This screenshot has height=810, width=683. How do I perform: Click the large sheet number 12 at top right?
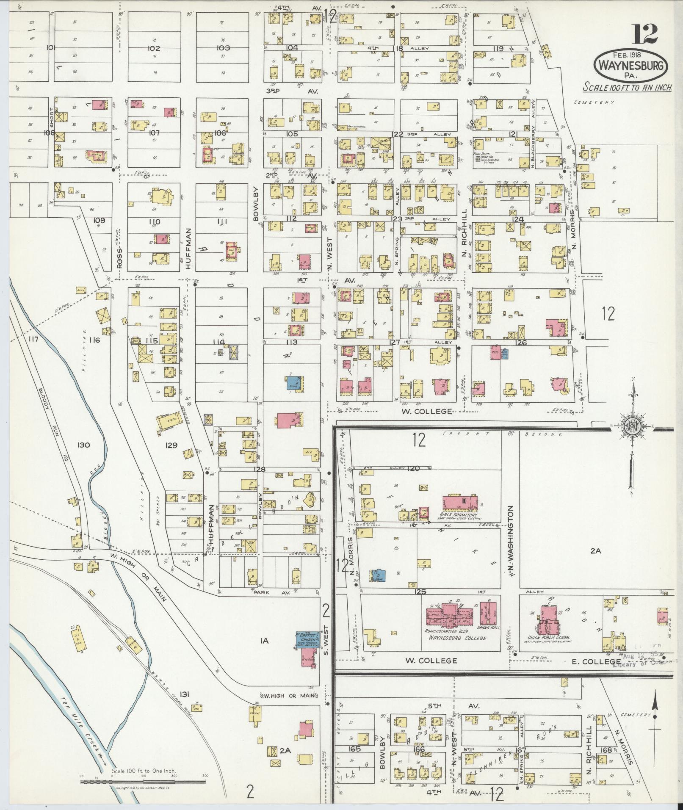point(646,34)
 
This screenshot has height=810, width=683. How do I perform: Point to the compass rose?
point(632,428)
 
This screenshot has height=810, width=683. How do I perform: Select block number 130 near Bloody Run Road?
point(83,445)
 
